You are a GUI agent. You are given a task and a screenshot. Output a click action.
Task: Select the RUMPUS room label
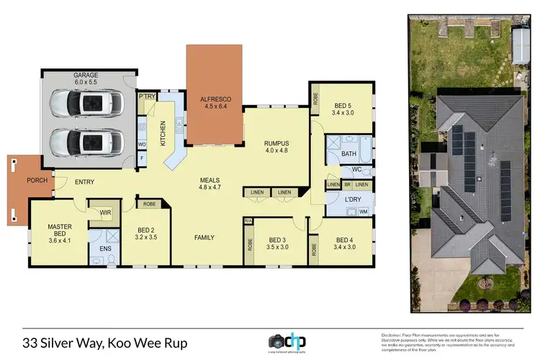click(x=276, y=143)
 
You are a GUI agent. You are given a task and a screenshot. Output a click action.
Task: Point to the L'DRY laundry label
click(x=341, y=199)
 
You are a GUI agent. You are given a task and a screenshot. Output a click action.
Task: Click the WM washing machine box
click(x=362, y=212)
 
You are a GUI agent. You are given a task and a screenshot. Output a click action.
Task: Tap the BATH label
click(x=349, y=153)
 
